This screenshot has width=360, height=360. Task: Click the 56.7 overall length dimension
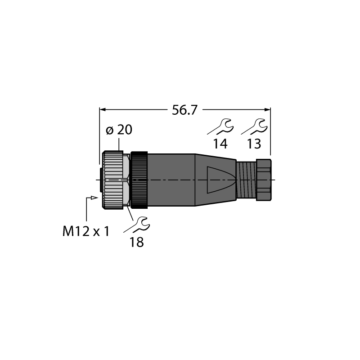(x=184, y=110)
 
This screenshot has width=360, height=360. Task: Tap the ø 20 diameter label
(x=119, y=130)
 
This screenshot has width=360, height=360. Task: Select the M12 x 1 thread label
(x=86, y=231)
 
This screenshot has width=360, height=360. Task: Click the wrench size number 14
(x=220, y=144)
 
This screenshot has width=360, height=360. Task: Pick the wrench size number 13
(x=254, y=144)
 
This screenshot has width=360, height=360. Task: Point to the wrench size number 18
(x=137, y=242)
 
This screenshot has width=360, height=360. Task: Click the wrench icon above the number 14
(x=221, y=127)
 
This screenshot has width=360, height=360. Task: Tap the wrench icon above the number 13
(x=254, y=127)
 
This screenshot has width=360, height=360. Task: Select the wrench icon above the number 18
(x=137, y=225)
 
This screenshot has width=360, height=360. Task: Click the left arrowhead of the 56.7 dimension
(x=102, y=110)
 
